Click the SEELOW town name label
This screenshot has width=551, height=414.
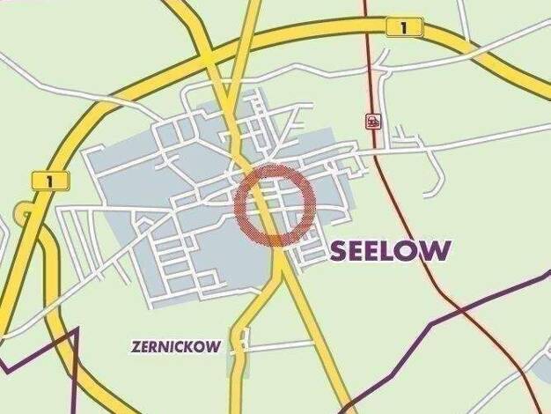(x=391, y=251)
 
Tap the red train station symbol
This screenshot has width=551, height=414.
(x=373, y=122)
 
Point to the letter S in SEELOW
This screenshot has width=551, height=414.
(x=339, y=252)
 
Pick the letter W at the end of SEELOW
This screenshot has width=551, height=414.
(x=439, y=251)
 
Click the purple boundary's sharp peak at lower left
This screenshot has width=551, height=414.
(x=77, y=329)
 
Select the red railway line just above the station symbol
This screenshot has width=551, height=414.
(x=369, y=88)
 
